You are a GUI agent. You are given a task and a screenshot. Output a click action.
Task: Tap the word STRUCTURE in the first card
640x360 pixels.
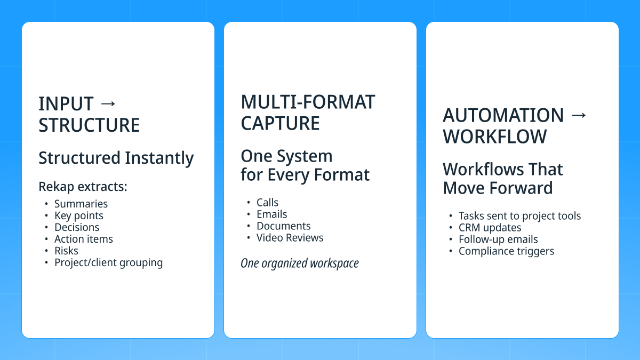click(x=89, y=125)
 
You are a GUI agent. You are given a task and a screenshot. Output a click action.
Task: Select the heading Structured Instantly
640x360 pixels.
click(x=116, y=158)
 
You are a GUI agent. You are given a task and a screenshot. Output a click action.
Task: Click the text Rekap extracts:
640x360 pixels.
click(x=83, y=187)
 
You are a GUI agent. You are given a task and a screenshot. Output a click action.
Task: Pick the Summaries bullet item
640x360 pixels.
click(x=81, y=204)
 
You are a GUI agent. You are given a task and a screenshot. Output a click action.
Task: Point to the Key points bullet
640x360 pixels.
click(x=78, y=215)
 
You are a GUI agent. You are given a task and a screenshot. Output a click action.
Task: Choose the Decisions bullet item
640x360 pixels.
click(x=77, y=227)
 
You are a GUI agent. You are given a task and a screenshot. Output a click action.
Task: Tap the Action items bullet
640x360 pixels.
click(x=83, y=239)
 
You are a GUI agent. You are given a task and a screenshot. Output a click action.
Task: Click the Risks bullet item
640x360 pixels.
click(x=66, y=251)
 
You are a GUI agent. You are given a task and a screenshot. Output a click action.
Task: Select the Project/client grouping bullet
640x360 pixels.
click(x=108, y=262)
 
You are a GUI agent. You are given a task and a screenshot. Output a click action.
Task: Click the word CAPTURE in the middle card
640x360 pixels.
click(x=280, y=123)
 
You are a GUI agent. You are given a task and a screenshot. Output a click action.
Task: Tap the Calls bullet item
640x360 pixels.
click(x=267, y=203)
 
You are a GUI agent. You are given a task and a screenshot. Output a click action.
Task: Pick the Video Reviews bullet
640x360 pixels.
click(x=290, y=238)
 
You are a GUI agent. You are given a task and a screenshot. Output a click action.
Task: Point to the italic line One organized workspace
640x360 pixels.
click(x=299, y=263)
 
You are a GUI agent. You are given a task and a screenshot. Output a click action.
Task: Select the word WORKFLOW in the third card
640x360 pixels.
click(x=494, y=137)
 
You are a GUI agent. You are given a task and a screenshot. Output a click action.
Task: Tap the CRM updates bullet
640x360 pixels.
click(x=490, y=228)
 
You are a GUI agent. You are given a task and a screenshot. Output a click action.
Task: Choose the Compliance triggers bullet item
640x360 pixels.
click(x=506, y=251)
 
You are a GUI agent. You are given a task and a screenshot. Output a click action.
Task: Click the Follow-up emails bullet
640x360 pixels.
click(x=498, y=239)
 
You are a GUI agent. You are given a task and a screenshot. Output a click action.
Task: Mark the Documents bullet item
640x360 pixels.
click(x=283, y=226)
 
